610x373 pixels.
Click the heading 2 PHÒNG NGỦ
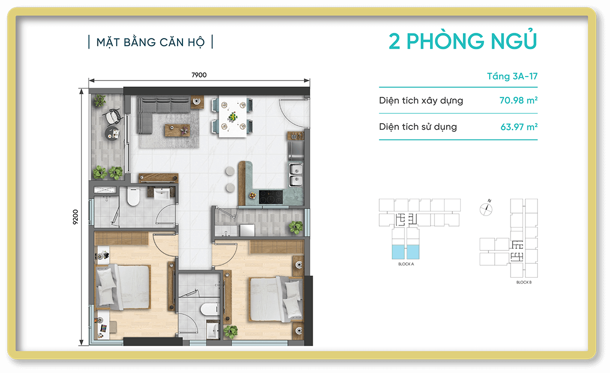[x=463, y=42]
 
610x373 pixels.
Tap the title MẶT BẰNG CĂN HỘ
[x=150, y=42]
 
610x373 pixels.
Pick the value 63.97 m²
[x=519, y=127]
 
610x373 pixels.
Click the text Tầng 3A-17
[x=512, y=76]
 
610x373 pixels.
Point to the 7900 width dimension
[x=199, y=75]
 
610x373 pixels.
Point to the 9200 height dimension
[x=76, y=217]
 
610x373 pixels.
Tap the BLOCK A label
[x=406, y=264]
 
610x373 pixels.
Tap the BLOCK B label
[x=524, y=282]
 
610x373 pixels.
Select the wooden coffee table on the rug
[x=177, y=130]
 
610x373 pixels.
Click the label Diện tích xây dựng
[x=421, y=101]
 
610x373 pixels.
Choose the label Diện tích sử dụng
[x=418, y=127]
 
